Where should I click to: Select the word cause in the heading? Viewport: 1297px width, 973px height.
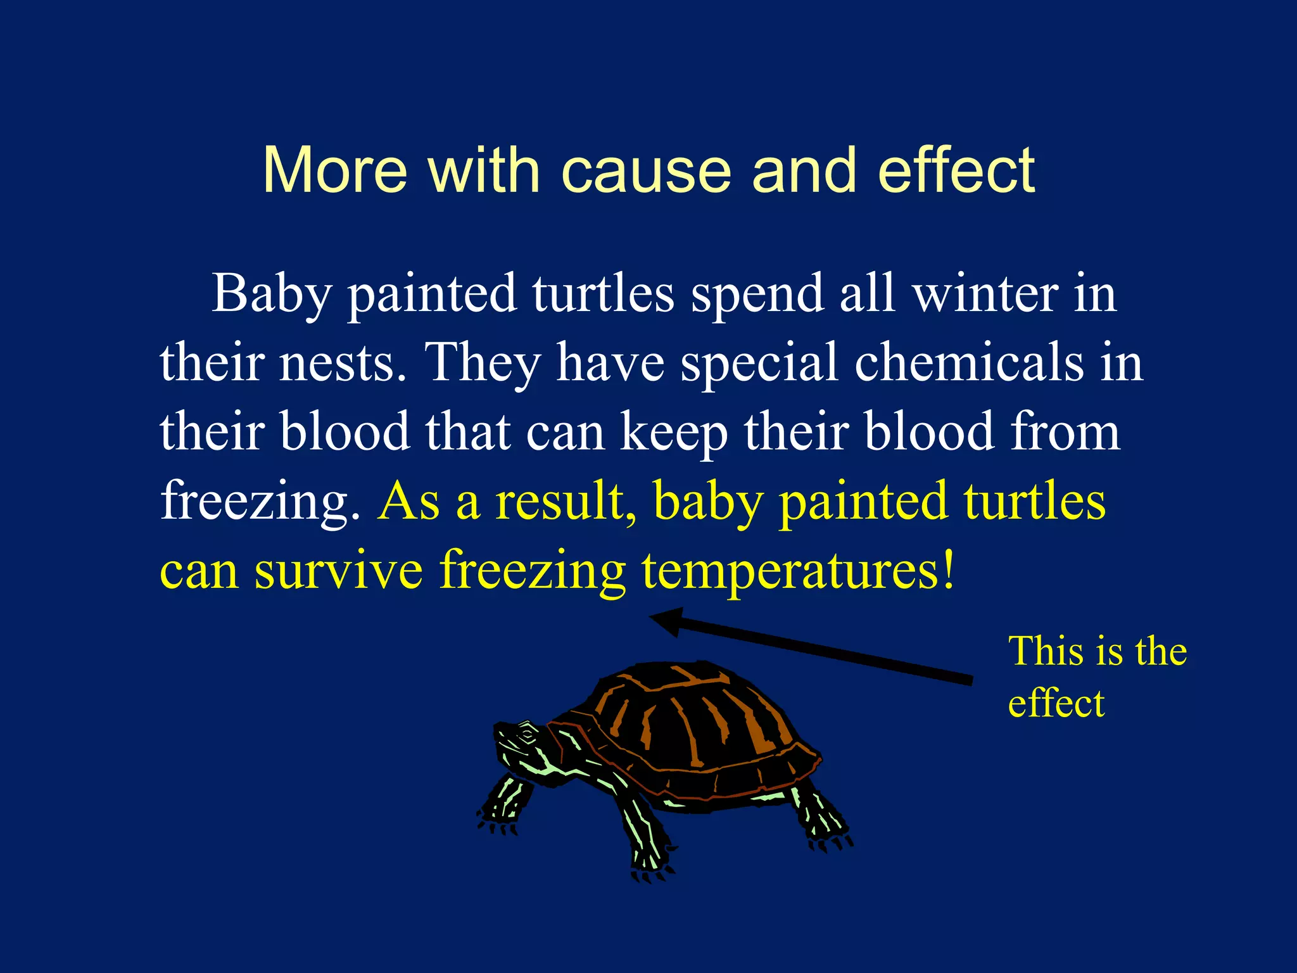point(647,171)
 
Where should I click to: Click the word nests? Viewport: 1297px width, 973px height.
point(343,362)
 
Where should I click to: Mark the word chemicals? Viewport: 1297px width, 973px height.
point(969,362)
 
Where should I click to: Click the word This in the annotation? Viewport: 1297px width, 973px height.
point(1046,651)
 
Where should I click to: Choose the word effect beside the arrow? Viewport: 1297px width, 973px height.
point(1056,703)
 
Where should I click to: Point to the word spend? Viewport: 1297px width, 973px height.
point(757,295)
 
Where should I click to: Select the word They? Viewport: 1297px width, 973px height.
point(484,363)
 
